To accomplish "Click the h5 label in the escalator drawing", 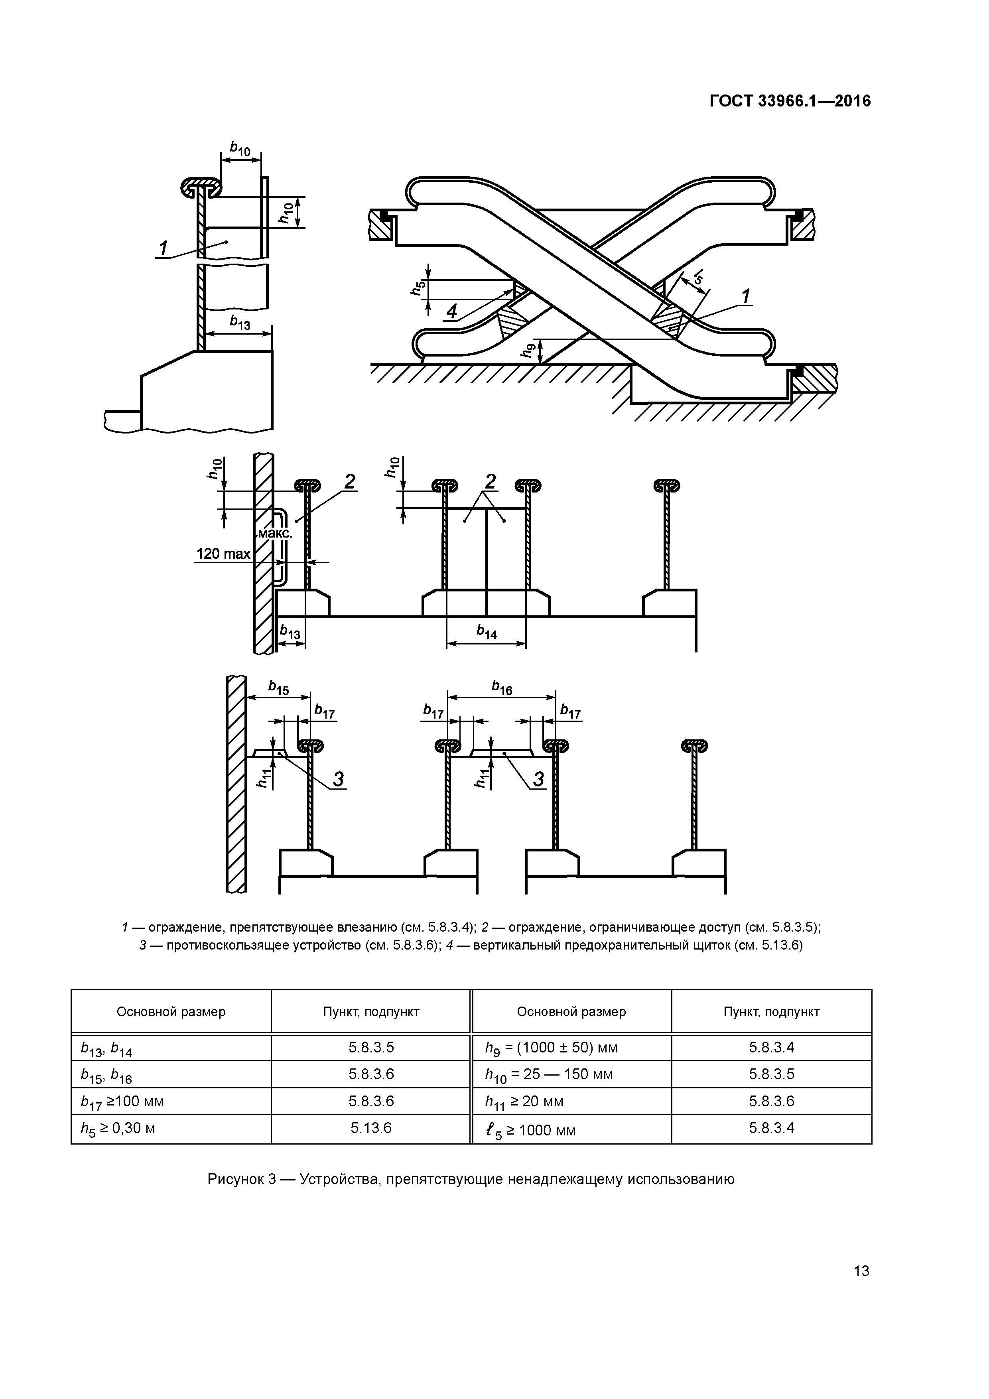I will (417, 287).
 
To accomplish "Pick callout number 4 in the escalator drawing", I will (451, 312).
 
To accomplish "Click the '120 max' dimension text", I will (223, 554).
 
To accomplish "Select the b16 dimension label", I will (502, 688).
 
